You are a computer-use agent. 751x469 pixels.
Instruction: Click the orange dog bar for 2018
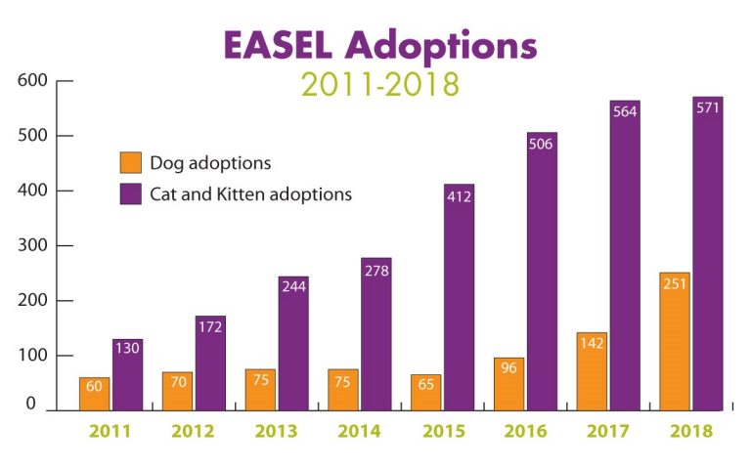coord(675,342)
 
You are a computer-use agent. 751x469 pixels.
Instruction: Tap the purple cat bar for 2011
coord(127,376)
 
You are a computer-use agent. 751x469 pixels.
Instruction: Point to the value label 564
coord(625,111)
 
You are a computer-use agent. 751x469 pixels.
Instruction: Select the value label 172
coord(210,327)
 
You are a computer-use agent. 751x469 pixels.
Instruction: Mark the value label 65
coord(425,385)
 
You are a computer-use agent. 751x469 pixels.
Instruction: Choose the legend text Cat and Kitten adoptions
coord(250,193)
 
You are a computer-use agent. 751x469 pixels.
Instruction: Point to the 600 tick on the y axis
coord(32,80)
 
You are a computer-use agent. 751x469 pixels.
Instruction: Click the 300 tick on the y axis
coord(32,245)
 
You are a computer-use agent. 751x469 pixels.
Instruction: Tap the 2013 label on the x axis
coord(277,431)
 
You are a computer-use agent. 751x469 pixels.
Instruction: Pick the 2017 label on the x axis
coord(609,431)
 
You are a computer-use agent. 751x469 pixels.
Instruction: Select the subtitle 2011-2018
coord(380,84)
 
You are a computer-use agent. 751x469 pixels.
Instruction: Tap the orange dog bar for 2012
coord(177,391)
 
